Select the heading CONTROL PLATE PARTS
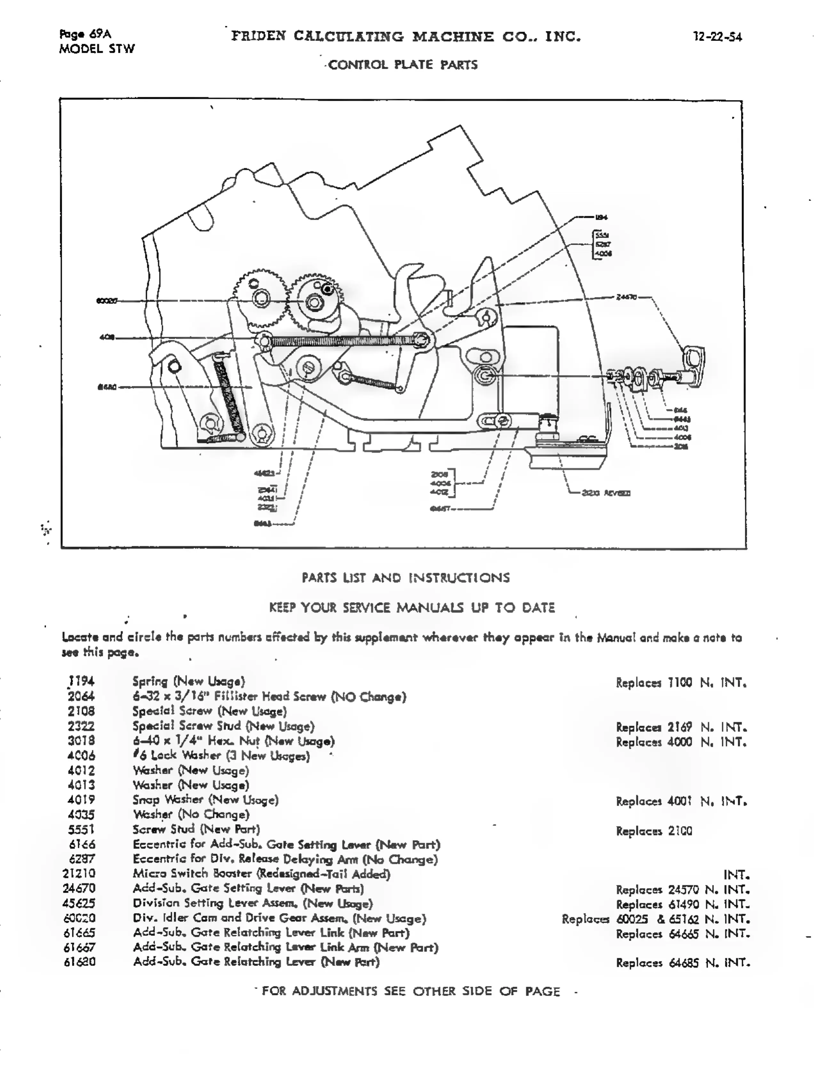click(x=402, y=65)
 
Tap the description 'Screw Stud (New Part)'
click(x=196, y=829)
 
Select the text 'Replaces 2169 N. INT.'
click(x=681, y=727)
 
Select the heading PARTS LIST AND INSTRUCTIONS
click(x=406, y=578)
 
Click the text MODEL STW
click(x=97, y=49)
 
